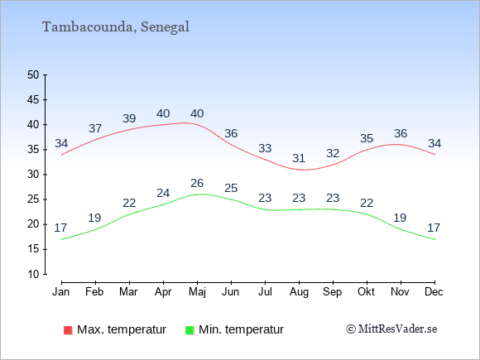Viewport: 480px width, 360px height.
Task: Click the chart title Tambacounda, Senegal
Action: point(116,27)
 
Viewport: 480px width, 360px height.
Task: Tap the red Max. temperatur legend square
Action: point(68,330)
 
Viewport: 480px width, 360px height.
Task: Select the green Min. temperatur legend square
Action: point(190,330)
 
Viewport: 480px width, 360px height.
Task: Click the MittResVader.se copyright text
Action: point(391,329)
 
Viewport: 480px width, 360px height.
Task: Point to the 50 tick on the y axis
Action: point(33,74)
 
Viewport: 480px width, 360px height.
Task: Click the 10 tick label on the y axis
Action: point(33,274)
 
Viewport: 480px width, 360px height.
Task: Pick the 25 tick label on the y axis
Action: point(33,199)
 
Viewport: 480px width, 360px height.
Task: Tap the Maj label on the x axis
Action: point(197,292)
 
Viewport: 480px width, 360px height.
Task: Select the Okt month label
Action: point(366,292)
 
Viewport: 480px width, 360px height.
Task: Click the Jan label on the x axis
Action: point(61,292)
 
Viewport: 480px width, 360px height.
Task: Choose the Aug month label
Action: point(299,292)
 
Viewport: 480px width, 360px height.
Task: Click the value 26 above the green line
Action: point(197,183)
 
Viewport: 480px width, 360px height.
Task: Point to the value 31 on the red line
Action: point(299,158)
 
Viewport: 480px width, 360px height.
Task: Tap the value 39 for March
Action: point(129,118)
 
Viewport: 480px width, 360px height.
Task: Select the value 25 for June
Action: point(231,188)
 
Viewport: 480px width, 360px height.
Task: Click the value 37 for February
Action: point(95,128)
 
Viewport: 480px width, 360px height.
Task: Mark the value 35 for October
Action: point(367,138)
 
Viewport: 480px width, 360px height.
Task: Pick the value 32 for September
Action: point(333,153)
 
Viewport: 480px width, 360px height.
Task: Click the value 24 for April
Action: point(163,193)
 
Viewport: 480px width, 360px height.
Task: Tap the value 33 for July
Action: point(265,148)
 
